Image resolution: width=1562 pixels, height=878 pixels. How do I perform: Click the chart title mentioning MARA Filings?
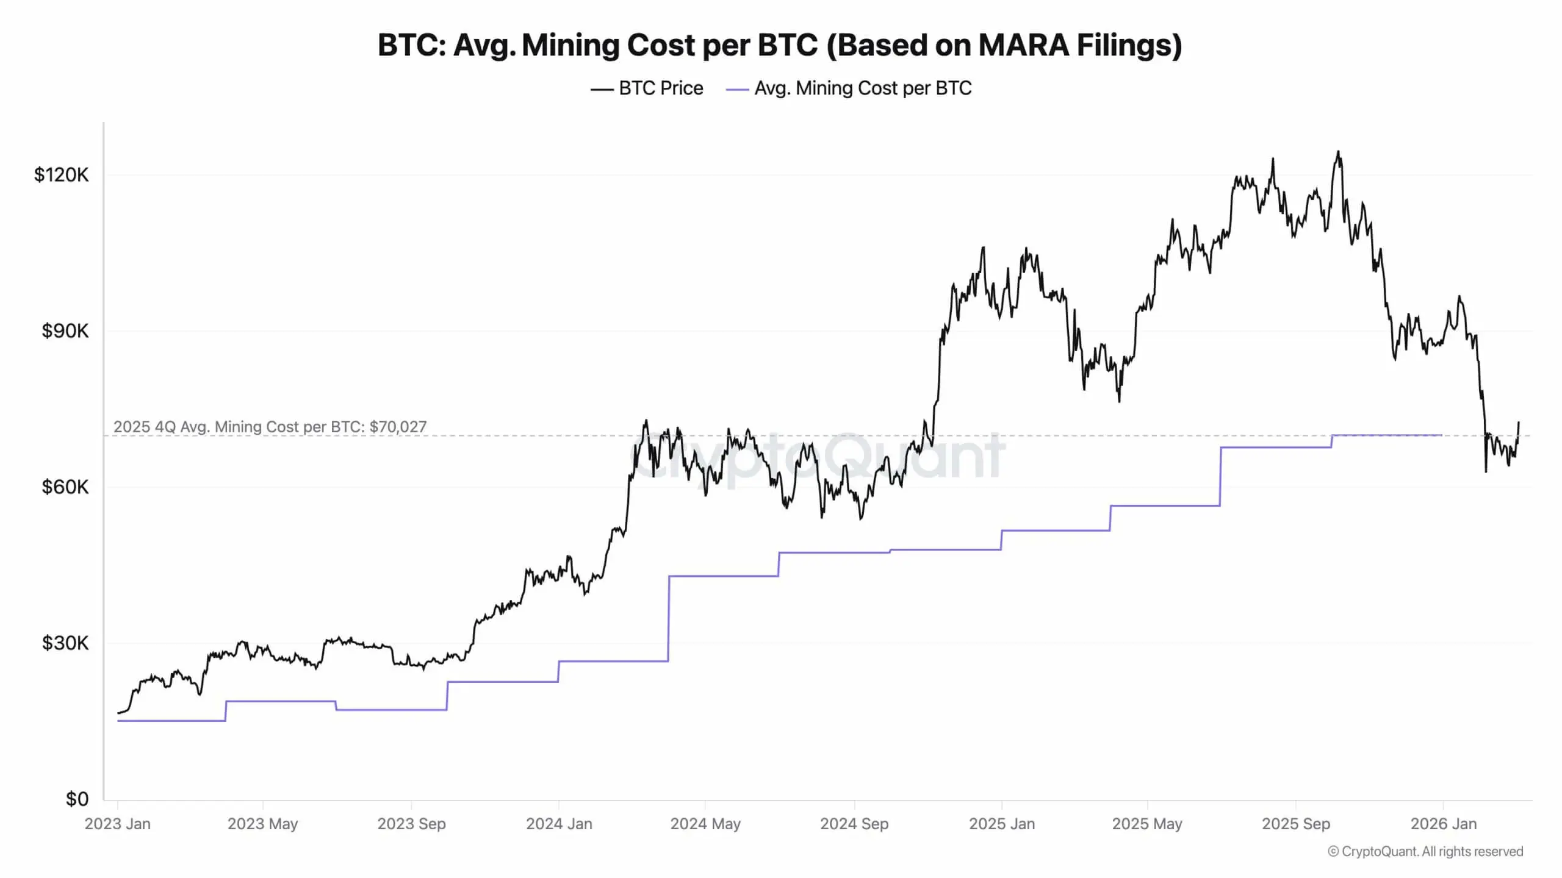(780, 45)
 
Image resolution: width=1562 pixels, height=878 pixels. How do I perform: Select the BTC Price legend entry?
(647, 88)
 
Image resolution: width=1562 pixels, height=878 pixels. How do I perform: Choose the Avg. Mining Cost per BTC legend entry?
(849, 88)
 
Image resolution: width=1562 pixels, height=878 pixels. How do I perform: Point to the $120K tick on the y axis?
(61, 175)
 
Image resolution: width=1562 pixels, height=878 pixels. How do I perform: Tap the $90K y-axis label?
(65, 331)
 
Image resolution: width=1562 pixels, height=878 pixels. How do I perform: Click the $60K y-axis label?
(65, 487)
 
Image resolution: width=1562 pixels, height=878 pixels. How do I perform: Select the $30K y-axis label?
(65, 643)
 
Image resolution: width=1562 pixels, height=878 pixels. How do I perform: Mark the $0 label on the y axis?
(77, 799)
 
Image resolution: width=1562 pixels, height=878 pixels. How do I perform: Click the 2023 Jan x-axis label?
(117, 824)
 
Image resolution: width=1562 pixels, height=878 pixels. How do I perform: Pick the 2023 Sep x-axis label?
(411, 824)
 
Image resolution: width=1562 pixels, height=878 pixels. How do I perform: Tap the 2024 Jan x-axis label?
(559, 824)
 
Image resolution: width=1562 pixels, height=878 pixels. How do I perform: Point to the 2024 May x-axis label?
(705, 824)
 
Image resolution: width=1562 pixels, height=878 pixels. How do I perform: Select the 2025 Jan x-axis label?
(1002, 824)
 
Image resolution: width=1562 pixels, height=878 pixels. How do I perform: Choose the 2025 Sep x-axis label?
(1296, 824)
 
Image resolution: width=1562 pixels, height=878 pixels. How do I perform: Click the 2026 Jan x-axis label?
(1444, 824)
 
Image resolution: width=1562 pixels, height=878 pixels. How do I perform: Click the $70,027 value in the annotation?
(398, 427)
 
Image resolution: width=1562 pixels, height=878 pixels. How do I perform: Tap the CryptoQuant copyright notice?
(1425, 852)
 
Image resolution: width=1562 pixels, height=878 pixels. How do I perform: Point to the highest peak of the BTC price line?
(1339, 151)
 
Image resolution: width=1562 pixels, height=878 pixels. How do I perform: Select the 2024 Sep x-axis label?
(854, 824)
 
